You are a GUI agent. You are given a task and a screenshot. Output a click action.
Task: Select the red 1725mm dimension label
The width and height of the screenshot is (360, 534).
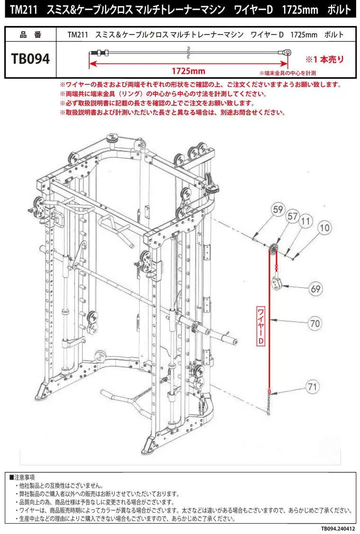click(x=188, y=71)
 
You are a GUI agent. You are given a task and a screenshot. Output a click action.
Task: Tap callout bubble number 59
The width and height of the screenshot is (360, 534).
click(x=279, y=209)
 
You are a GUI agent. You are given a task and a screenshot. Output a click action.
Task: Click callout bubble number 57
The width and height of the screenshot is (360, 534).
click(x=293, y=216)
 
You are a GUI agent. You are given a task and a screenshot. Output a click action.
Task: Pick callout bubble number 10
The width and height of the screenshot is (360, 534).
click(x=324, y=228)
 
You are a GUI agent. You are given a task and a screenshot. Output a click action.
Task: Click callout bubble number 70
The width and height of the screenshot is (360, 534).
click(x=315, y=324)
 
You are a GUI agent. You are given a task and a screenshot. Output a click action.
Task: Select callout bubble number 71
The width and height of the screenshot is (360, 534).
click(x=311, y=387)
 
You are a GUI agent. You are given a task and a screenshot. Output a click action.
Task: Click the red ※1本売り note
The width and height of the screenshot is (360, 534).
click(x=324, y=60)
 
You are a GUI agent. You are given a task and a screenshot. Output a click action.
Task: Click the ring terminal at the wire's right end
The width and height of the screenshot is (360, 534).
click(x=287, y=52)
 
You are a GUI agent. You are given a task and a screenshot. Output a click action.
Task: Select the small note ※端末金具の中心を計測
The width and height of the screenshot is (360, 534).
click(x=288, y=73)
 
